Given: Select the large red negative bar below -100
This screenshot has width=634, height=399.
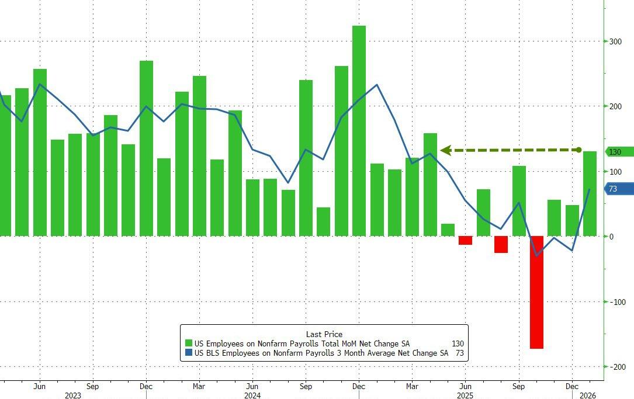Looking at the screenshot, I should tap(536, 292).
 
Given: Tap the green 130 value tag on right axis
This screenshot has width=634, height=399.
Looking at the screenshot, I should tap(618, 152).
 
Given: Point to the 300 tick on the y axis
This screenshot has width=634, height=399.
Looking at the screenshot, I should tap(615, 41).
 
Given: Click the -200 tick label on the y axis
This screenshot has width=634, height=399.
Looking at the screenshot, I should tap(616, 367).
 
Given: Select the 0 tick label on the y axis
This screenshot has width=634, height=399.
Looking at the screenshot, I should tap(611, 237).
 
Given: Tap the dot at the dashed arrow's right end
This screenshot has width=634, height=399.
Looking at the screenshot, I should tap(579, 150).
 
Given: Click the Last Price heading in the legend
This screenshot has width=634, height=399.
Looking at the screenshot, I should tap(324, 334).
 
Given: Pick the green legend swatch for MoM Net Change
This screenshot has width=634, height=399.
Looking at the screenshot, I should tap(189, 344).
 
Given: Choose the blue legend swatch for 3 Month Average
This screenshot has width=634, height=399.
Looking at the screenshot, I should tap(189, 353).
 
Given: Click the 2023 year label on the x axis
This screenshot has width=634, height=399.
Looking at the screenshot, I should tap(72, 395).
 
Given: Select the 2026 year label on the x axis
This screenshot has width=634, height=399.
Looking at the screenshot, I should tap(587, 395).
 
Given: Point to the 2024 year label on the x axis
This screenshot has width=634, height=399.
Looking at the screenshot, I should tap(252, 395).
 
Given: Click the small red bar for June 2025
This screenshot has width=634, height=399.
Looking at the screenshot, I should tap(465, 240).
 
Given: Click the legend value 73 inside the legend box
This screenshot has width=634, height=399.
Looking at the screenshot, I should tap(459, 353).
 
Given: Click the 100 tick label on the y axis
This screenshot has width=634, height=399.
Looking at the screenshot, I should tap(615, 172).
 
